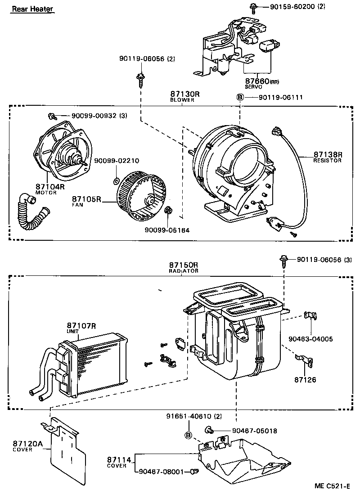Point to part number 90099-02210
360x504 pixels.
[117, 160]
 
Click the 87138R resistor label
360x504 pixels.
[328, 155]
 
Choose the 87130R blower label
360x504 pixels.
[185, 94]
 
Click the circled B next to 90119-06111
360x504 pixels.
[240, 97]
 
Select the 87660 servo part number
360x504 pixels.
[257, 81]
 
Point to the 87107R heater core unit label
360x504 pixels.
[81, 326]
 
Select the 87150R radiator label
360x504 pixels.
[184, 265]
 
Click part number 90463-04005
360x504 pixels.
[310, 339]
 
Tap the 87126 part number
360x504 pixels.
[305, 380]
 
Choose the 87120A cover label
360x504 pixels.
[27, 444]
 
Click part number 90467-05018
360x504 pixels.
[254, 431]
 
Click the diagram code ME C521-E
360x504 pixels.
[332, 486]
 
